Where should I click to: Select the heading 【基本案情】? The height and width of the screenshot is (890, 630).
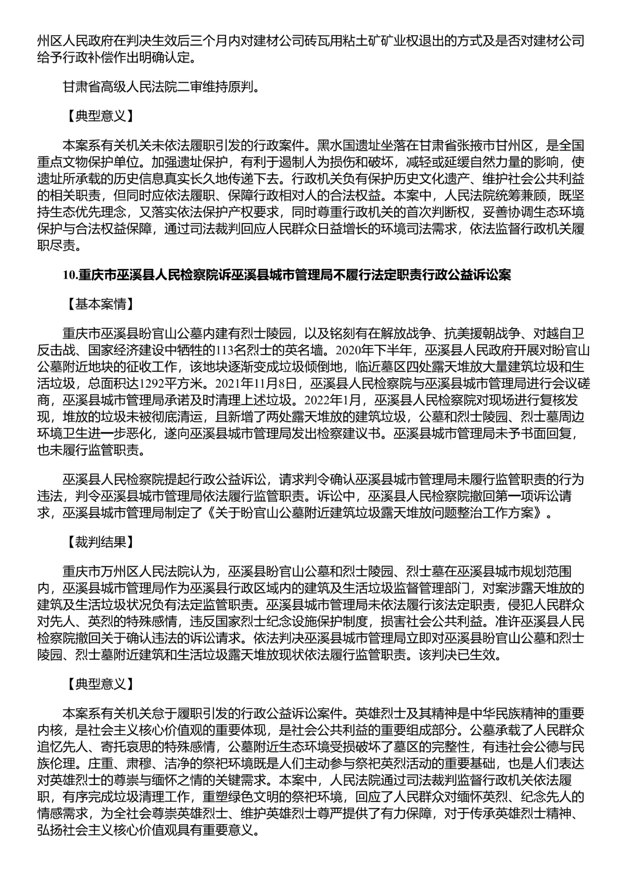(x=100, y=305)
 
